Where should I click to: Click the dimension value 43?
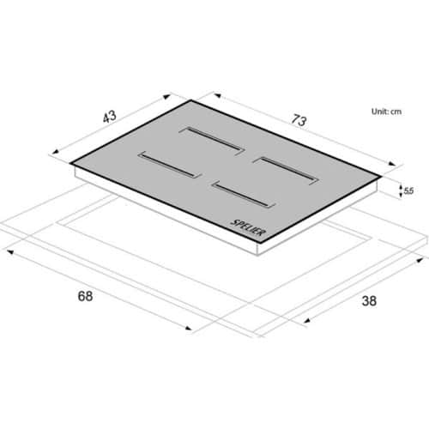[x=110, y=117]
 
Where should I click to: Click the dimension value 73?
[x=299, y=120]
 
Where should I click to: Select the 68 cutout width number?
[x=85, y=296]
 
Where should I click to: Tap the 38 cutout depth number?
[x=369, y=301]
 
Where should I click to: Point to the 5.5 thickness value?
[x=408, y=190]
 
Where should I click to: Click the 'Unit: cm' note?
[x=386, y=112]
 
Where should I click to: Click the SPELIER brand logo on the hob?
[x=248, y=227]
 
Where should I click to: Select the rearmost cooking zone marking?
[x=212, y=141]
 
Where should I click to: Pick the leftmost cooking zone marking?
[x=170, y=165]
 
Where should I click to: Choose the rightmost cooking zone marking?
[x=287, y=171]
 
